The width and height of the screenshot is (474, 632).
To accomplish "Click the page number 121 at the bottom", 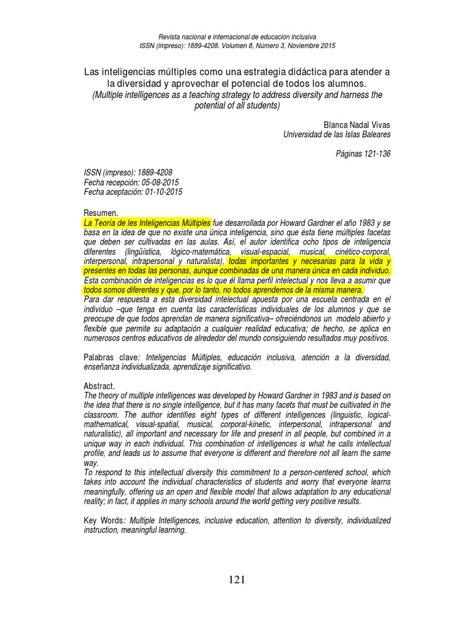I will coord(237,579).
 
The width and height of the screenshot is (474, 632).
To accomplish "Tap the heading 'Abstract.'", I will coord(99,386).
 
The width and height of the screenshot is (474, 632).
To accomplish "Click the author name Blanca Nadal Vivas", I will coord(357,124).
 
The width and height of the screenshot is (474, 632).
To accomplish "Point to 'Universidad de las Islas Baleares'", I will coord(336,134).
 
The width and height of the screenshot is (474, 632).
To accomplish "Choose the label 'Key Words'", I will coord(104,521).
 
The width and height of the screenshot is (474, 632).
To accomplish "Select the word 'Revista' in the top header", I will coord(170,37).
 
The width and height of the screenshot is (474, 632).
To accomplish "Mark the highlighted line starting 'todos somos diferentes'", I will coord(223,289).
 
